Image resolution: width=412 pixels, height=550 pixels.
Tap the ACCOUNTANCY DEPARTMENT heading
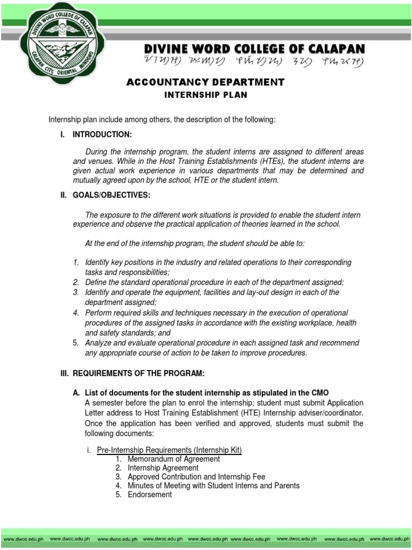coord(205,82)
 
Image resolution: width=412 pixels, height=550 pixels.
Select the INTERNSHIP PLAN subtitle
coord(205,95)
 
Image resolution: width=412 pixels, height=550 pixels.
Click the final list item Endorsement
coord(150,494)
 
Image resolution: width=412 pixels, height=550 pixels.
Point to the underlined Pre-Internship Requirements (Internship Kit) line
coord(170,450)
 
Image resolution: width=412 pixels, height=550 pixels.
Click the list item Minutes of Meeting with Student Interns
coord(214,486)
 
